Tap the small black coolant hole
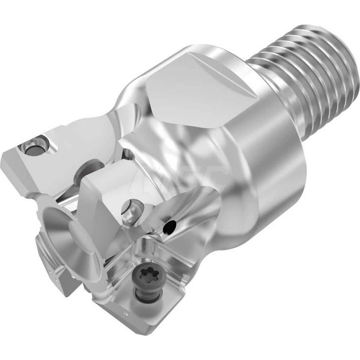[x=168, y=227]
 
